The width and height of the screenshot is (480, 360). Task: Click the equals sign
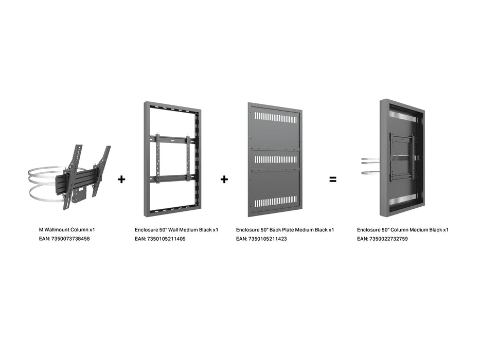tap(333, 179)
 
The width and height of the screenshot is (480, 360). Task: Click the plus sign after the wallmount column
tap(121, 179)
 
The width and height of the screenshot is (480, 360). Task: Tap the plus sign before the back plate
tap(224, 179)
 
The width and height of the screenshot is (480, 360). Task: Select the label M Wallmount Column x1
tap(67, 230)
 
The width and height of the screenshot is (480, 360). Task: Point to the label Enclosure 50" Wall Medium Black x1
tap(176, 230)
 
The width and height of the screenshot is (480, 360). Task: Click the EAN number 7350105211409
tap(160, 239)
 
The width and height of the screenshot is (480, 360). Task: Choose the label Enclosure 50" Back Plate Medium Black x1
tap(285, 230)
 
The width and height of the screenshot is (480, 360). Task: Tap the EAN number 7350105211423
tap(261, 239)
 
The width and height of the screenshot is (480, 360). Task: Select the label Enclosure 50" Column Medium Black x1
tap(403, 230)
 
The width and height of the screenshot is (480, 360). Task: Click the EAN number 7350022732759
tap(382, 239)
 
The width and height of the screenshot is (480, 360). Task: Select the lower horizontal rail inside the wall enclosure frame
tap(171, 178)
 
